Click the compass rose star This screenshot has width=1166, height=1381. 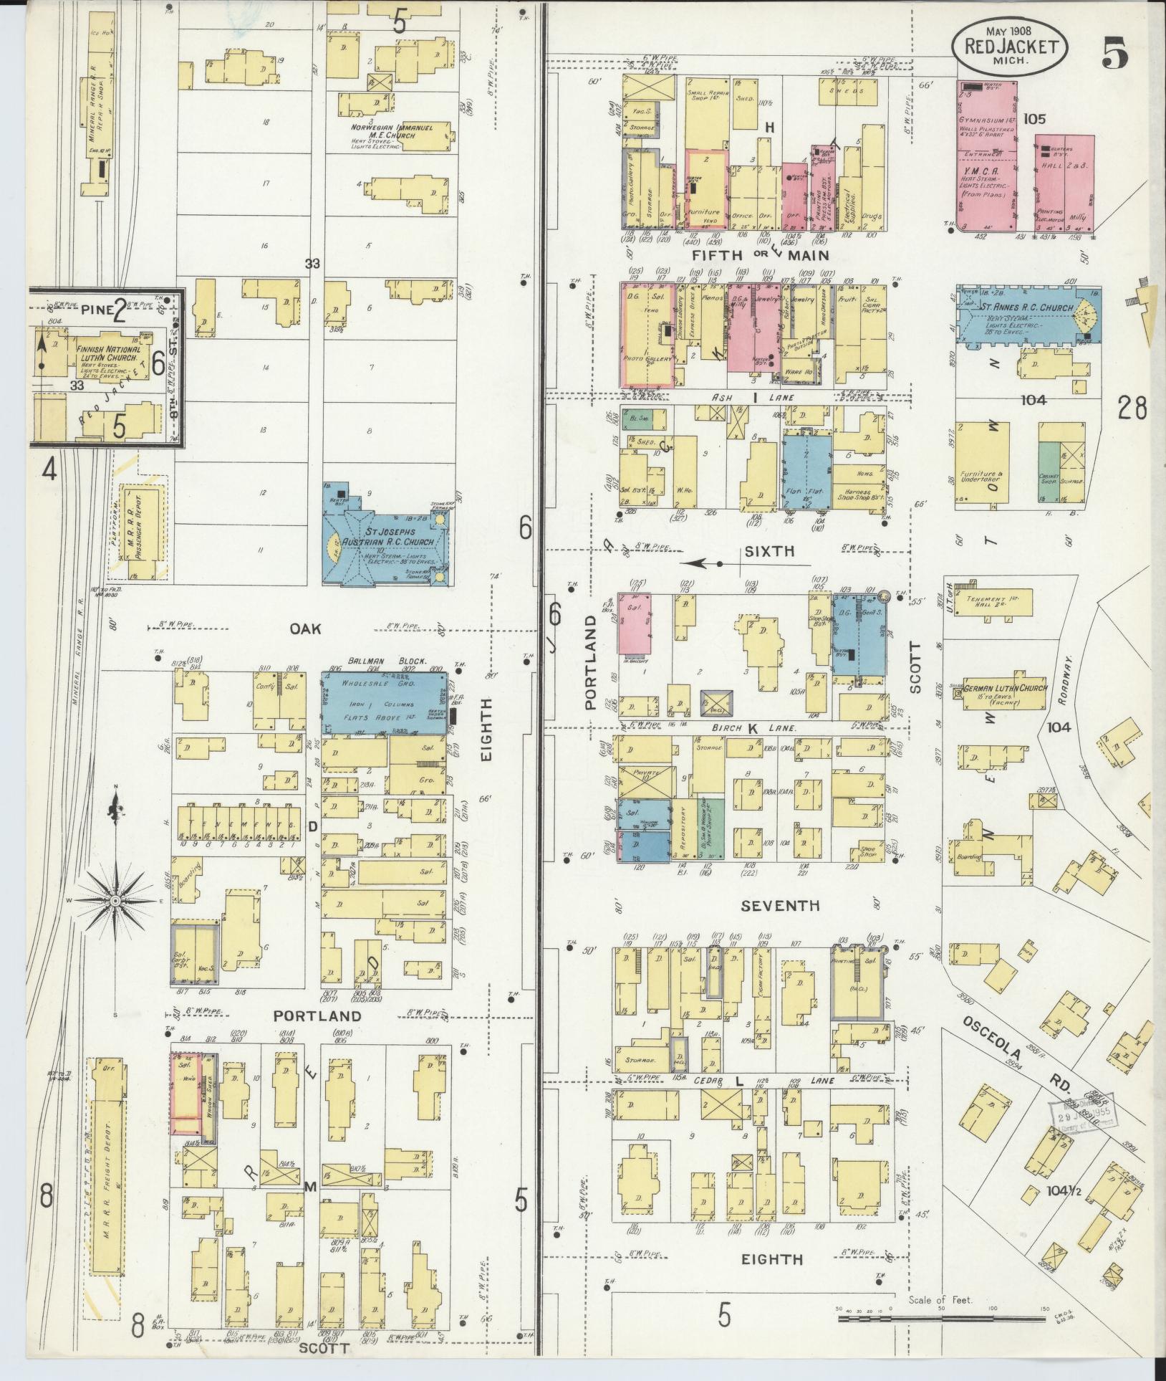(115, 899)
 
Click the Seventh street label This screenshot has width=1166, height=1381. (780, 906)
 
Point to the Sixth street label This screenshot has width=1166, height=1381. (769, 551)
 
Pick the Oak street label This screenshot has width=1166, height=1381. (304, 629)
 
